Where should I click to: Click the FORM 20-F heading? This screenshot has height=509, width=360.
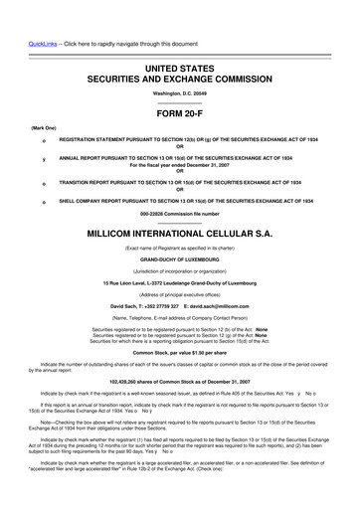tap(180, 112)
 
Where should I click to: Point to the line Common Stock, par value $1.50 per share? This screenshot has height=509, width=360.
tap(180, 352)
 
